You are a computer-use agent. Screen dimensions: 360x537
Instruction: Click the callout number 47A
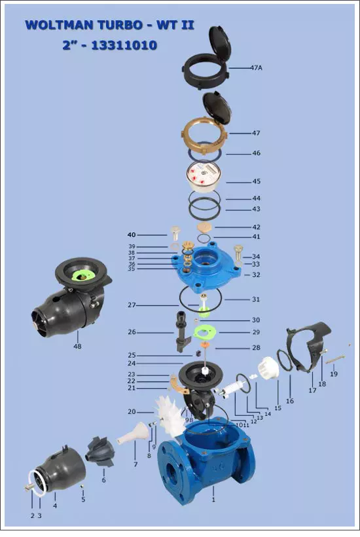[256, 68]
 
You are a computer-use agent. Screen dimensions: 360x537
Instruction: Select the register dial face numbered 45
[204, 176]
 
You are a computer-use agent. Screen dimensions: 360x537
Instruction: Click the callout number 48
[77, 346]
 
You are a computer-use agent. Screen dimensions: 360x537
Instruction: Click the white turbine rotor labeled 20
[170, 415]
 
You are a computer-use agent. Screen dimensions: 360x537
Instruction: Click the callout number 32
[256, 274]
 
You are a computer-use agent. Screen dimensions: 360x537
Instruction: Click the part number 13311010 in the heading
[124, 46]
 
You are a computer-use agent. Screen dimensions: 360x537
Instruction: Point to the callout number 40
[132, 235]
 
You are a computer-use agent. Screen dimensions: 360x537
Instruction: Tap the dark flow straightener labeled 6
[100, 451]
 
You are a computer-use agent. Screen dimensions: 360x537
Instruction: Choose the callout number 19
[334, 374]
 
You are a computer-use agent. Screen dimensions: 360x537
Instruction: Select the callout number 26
[132, 332]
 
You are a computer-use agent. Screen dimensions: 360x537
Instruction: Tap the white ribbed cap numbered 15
[268, 368]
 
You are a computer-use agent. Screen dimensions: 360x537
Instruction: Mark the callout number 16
[290, 401]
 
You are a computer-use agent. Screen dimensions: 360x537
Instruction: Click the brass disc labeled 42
[205, 227]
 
